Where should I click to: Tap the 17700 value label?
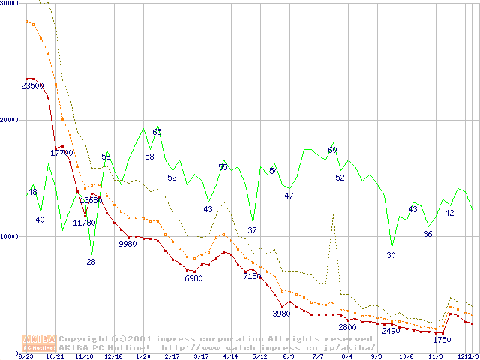click(x=61, y=153)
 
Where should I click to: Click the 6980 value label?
click(x=193, y=279)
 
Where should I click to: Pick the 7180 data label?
click(x=252, y=277)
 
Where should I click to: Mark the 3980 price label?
click(x=281, y=313)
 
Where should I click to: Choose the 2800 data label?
click(x=347, y=327)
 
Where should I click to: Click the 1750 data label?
click(x=442, y=340)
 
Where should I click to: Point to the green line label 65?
click(x=157, y=133)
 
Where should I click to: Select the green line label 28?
click(x=91, y=262)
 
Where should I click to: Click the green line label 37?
click(x=252, y=230)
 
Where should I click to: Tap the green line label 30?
click(x=391, y=255)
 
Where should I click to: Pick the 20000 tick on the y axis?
click(x=10, y=119)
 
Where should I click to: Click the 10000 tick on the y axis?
click(x=10, y=236)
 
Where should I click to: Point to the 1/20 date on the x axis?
click(x=142, y=356)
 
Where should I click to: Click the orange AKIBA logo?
click(x=40, y=342)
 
